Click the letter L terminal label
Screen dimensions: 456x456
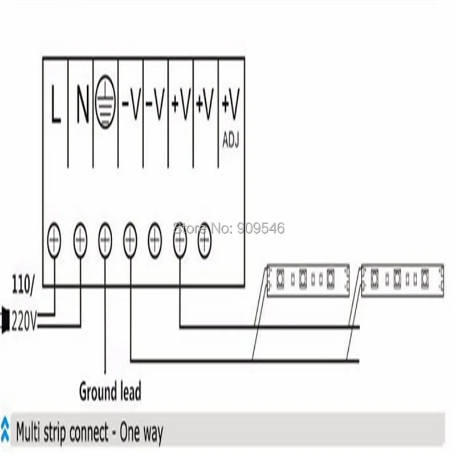(56, 104)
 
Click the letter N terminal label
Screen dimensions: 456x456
(82, 104)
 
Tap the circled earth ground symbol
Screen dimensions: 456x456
(105, 102)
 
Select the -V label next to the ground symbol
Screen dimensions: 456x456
(131, 104)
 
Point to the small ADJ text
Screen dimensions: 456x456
(231, 140)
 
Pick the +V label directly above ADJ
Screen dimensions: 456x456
(231, 104)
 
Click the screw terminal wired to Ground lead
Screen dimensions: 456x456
(105, 240)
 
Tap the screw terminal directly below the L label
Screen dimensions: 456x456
(54, 240)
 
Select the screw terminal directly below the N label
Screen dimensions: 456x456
(80, 240)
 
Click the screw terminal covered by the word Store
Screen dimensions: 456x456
(180, 240)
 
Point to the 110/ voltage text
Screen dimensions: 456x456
(22, 286)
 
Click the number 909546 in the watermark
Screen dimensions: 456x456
(260, 229)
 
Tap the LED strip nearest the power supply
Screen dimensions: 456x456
(308, 280)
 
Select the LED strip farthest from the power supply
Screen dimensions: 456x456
(402, 280)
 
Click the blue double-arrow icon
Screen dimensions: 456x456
(5, 429)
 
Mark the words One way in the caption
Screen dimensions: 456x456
(141, 433)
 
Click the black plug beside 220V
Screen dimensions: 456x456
(5, 319)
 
